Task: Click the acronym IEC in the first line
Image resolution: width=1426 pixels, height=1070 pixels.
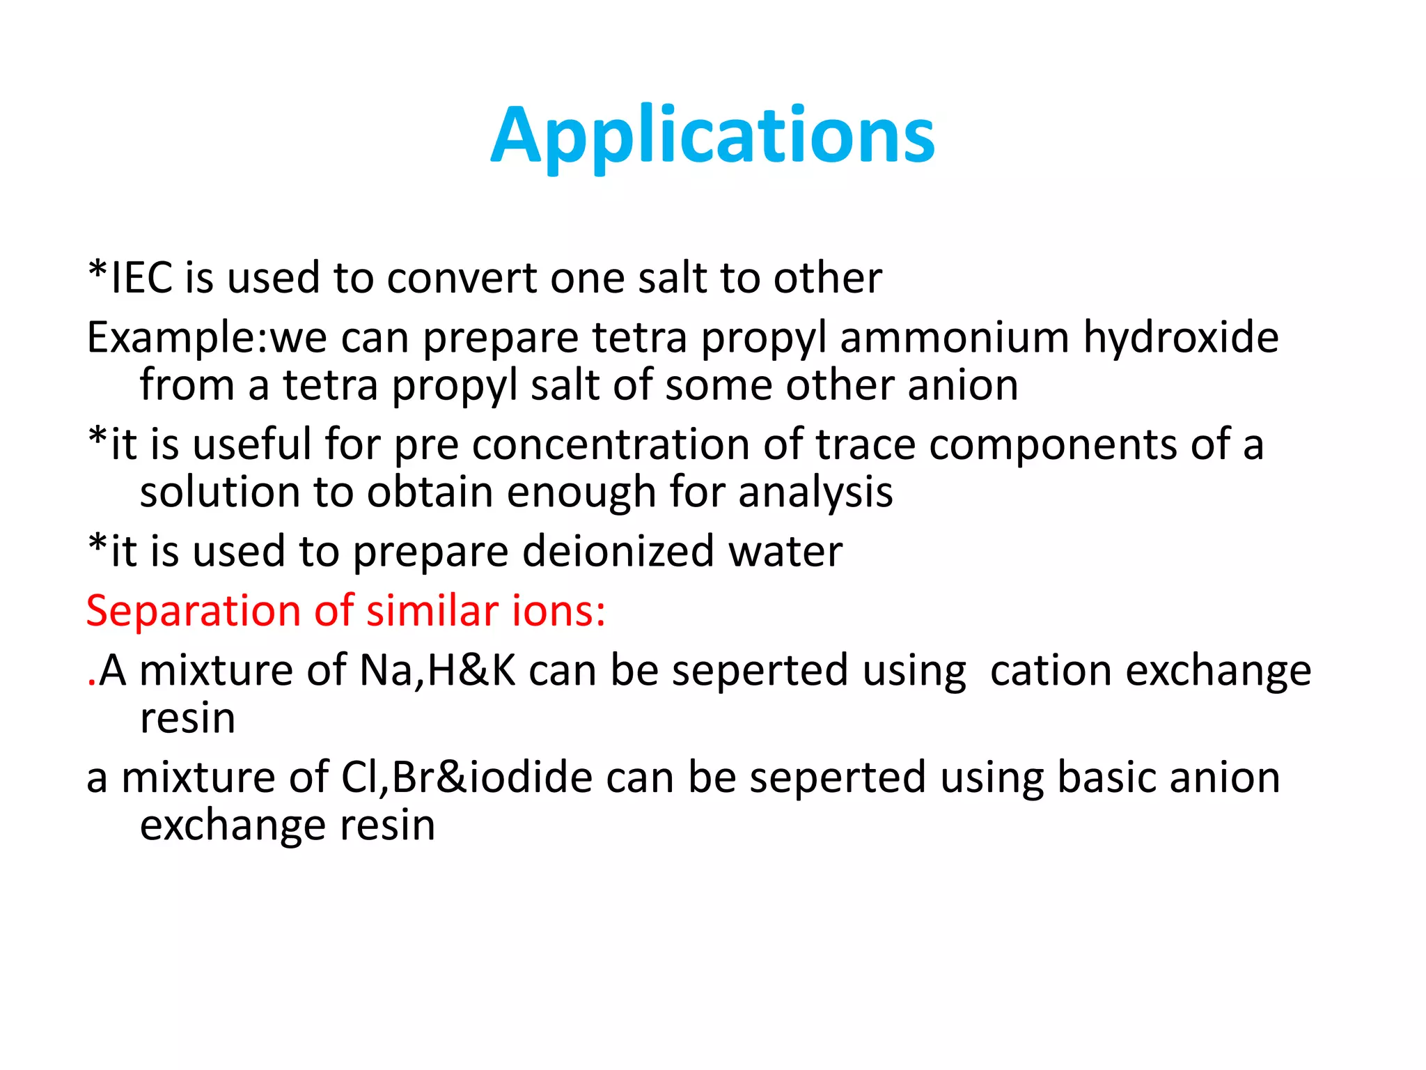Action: pos(142,278)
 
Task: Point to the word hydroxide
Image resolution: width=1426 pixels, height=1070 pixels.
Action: pos(1181,338)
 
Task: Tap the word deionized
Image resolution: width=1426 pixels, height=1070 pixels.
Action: pos(618,552)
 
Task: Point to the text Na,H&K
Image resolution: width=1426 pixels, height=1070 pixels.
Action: pos(437,671)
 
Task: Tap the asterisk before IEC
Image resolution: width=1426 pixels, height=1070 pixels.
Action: pos(98,270)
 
